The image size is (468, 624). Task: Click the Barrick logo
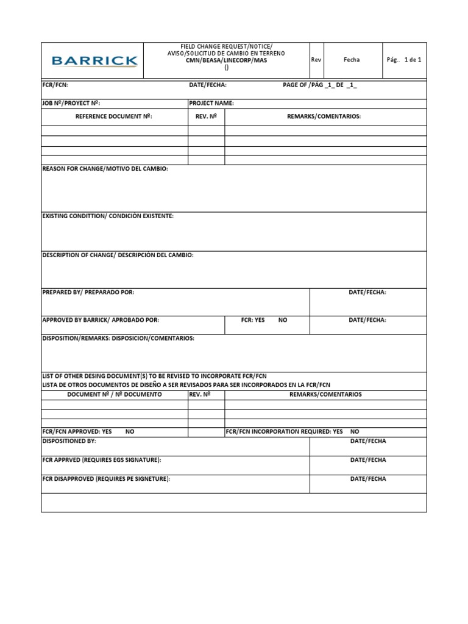(94, 61)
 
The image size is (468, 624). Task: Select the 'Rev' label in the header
(316, 60)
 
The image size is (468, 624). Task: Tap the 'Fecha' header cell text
(352, 60)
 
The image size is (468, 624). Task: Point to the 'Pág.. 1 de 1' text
(404, 60)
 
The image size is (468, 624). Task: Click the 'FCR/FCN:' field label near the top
(51, 85)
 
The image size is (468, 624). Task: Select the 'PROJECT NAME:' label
(211, 103)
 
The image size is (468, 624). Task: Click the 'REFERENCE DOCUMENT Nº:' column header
(113, 116)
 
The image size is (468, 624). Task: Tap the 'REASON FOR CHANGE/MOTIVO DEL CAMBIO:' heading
(105, 169)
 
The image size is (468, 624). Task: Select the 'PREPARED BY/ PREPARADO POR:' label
(88, 292)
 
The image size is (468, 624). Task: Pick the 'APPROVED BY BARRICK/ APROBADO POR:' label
(101, 320)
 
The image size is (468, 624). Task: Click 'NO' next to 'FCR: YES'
(283, 320)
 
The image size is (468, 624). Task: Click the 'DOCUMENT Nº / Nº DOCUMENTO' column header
(115, 394)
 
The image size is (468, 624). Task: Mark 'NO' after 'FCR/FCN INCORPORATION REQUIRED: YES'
(355, 431)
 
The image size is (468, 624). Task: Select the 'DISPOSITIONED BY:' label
(69, 441)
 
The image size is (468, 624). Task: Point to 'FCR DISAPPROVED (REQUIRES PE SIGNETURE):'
(106, 479)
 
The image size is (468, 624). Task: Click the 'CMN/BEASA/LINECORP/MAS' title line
(226, 61)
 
